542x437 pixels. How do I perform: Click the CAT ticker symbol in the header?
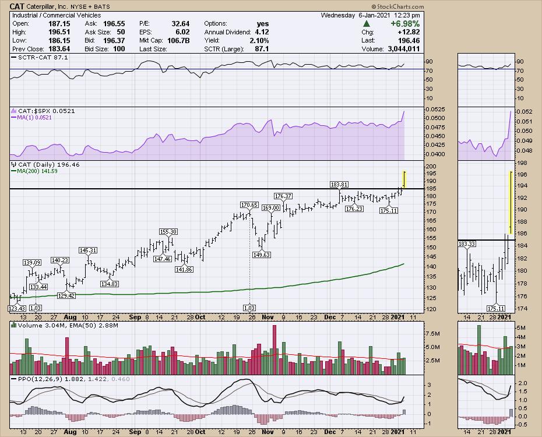click(x=17, y=6)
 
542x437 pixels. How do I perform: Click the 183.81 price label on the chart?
click(x=340, y=184)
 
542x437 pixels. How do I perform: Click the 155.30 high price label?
click(x=168, y=231)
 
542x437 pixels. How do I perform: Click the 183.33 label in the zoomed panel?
click(x=467, y=243)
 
